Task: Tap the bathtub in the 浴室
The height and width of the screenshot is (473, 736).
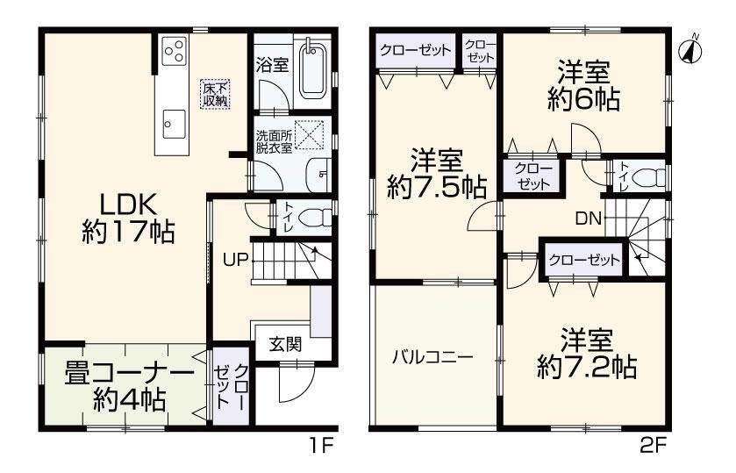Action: click(313, 71)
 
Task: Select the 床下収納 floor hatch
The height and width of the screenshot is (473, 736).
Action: click(216, 93)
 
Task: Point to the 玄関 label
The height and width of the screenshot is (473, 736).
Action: click(285, 343)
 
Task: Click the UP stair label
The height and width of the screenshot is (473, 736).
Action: click(234, 260)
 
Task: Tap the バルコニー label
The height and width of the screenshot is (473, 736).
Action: click(432, 357)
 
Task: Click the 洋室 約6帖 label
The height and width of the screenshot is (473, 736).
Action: click(586, 84)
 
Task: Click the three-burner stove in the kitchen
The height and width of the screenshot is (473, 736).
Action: click(173, 51)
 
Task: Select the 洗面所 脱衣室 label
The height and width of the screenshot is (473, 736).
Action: click(274, 142)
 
